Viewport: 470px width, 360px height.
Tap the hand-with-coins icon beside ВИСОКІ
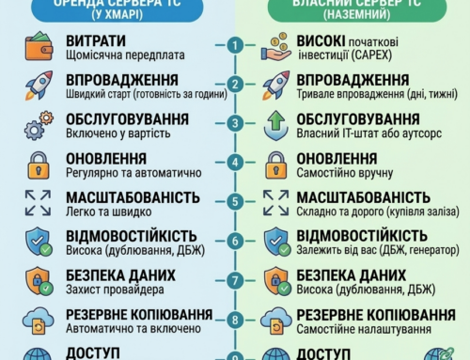click(277, 46)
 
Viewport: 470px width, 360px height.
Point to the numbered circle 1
click(235, 45)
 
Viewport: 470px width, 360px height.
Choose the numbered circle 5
click(235, 202)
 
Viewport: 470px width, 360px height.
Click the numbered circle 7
click(235, 280)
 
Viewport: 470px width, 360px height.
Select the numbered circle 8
click(235, 320)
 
